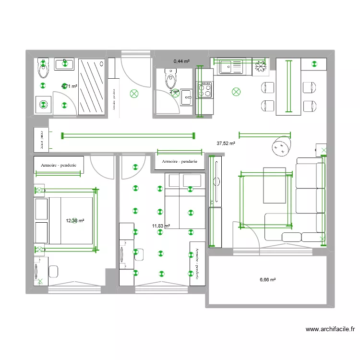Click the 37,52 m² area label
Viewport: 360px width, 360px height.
click(x=226, y=143)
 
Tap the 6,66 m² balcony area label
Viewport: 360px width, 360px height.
click(x=268, y=280)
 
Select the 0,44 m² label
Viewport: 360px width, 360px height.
click(x=181, y=61)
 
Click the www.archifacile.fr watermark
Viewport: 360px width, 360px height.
click(x=330, y=329)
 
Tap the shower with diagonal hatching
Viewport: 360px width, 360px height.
click(x=92, y=86)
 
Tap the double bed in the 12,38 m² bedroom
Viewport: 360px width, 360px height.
click(x=70, y=220)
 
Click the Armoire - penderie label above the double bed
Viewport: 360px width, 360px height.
click(x=60, y=165)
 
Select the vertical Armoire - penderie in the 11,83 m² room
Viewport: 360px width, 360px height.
click(x=196, y=264)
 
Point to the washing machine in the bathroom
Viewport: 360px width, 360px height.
click(x=43, y=104)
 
